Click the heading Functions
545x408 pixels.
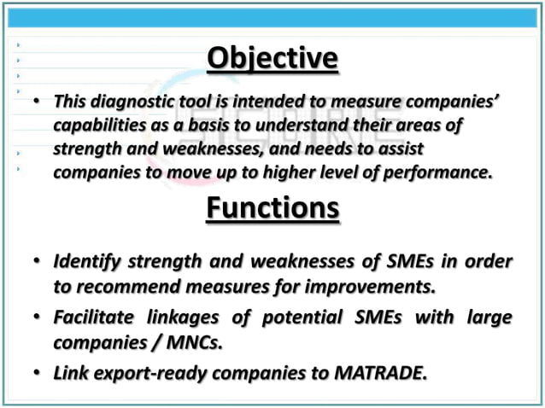point(272,208)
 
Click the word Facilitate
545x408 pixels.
point(92,318)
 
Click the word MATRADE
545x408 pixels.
point(383,373)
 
